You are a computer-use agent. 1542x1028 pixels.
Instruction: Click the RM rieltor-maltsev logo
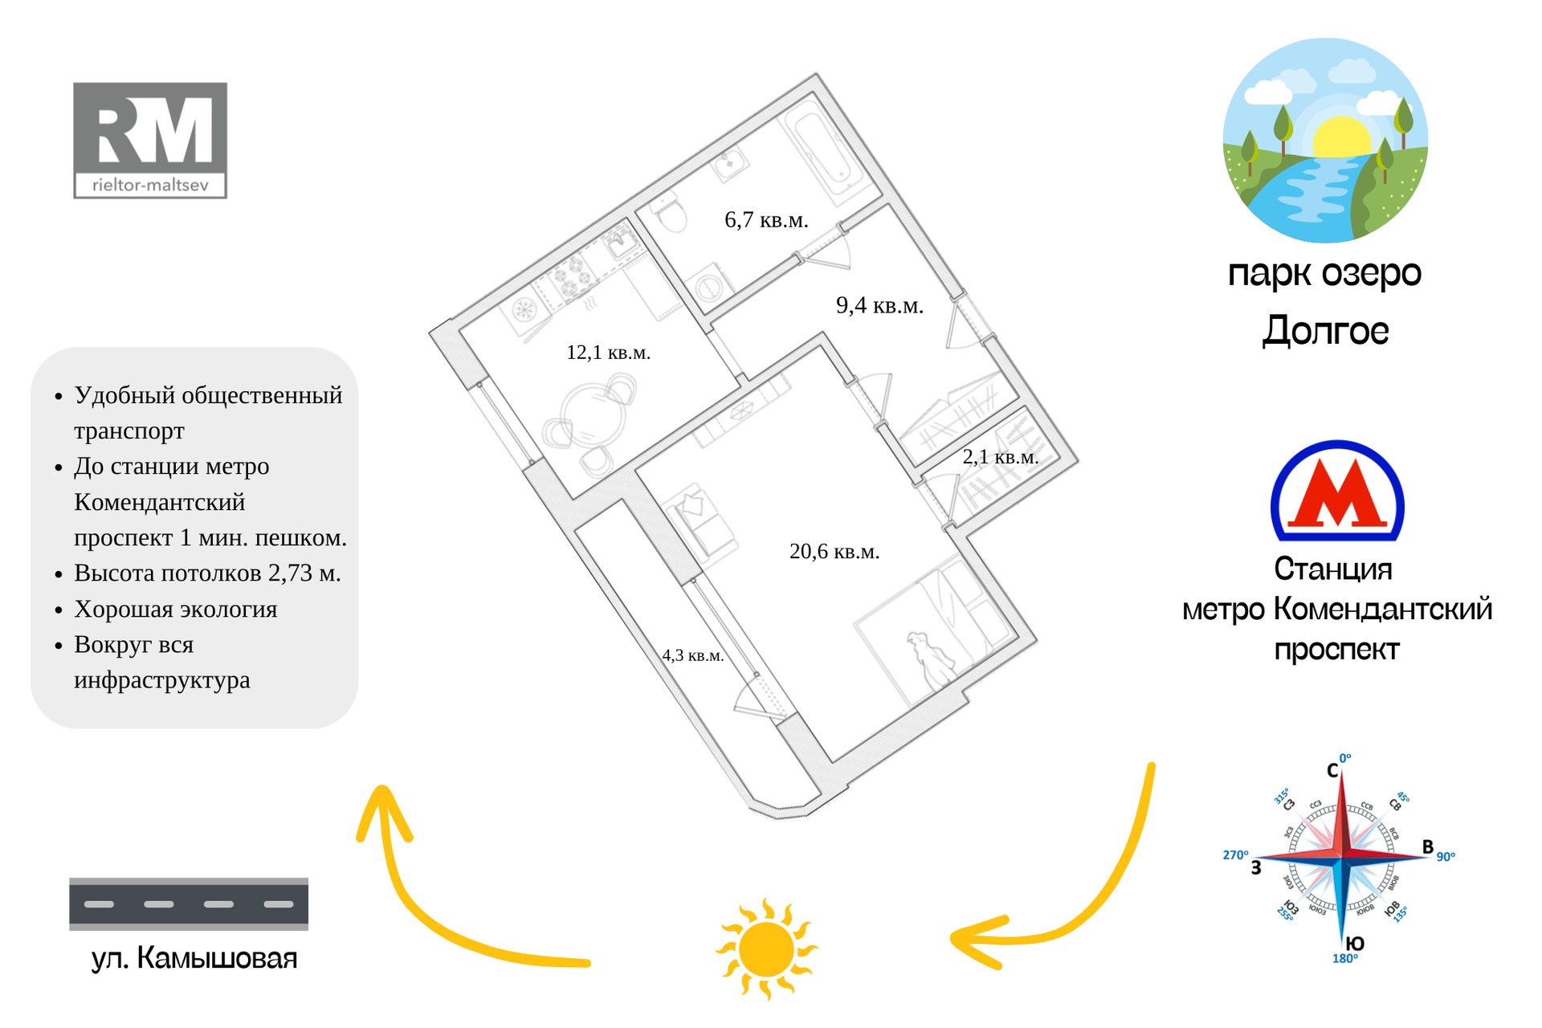(150, 141)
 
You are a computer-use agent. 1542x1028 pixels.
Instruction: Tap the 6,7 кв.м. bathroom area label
(766, 220)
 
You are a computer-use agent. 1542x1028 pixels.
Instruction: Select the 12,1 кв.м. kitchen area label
(608, 353)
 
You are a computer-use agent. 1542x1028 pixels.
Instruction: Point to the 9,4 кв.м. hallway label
(879, 305)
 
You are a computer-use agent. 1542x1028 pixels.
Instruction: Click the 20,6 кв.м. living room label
(834, 552)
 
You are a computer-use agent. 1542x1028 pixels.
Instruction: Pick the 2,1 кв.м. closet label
(1000, 457)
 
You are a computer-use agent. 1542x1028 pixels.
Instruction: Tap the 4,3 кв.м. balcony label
(692, 655)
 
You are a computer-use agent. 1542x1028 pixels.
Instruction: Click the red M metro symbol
(1337, 492)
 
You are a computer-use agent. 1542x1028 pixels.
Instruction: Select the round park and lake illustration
(1325, 141)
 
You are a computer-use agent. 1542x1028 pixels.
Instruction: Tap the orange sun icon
(766, 948)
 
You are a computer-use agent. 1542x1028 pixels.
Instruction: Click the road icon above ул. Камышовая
(189, 904)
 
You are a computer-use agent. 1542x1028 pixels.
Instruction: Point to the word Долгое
(1325, 330)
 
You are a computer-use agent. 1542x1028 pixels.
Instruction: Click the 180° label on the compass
(1344, 959)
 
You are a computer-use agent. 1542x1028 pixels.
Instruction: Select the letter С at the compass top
(1332, 771)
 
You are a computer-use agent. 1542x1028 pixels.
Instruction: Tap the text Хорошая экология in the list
(176, 610)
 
